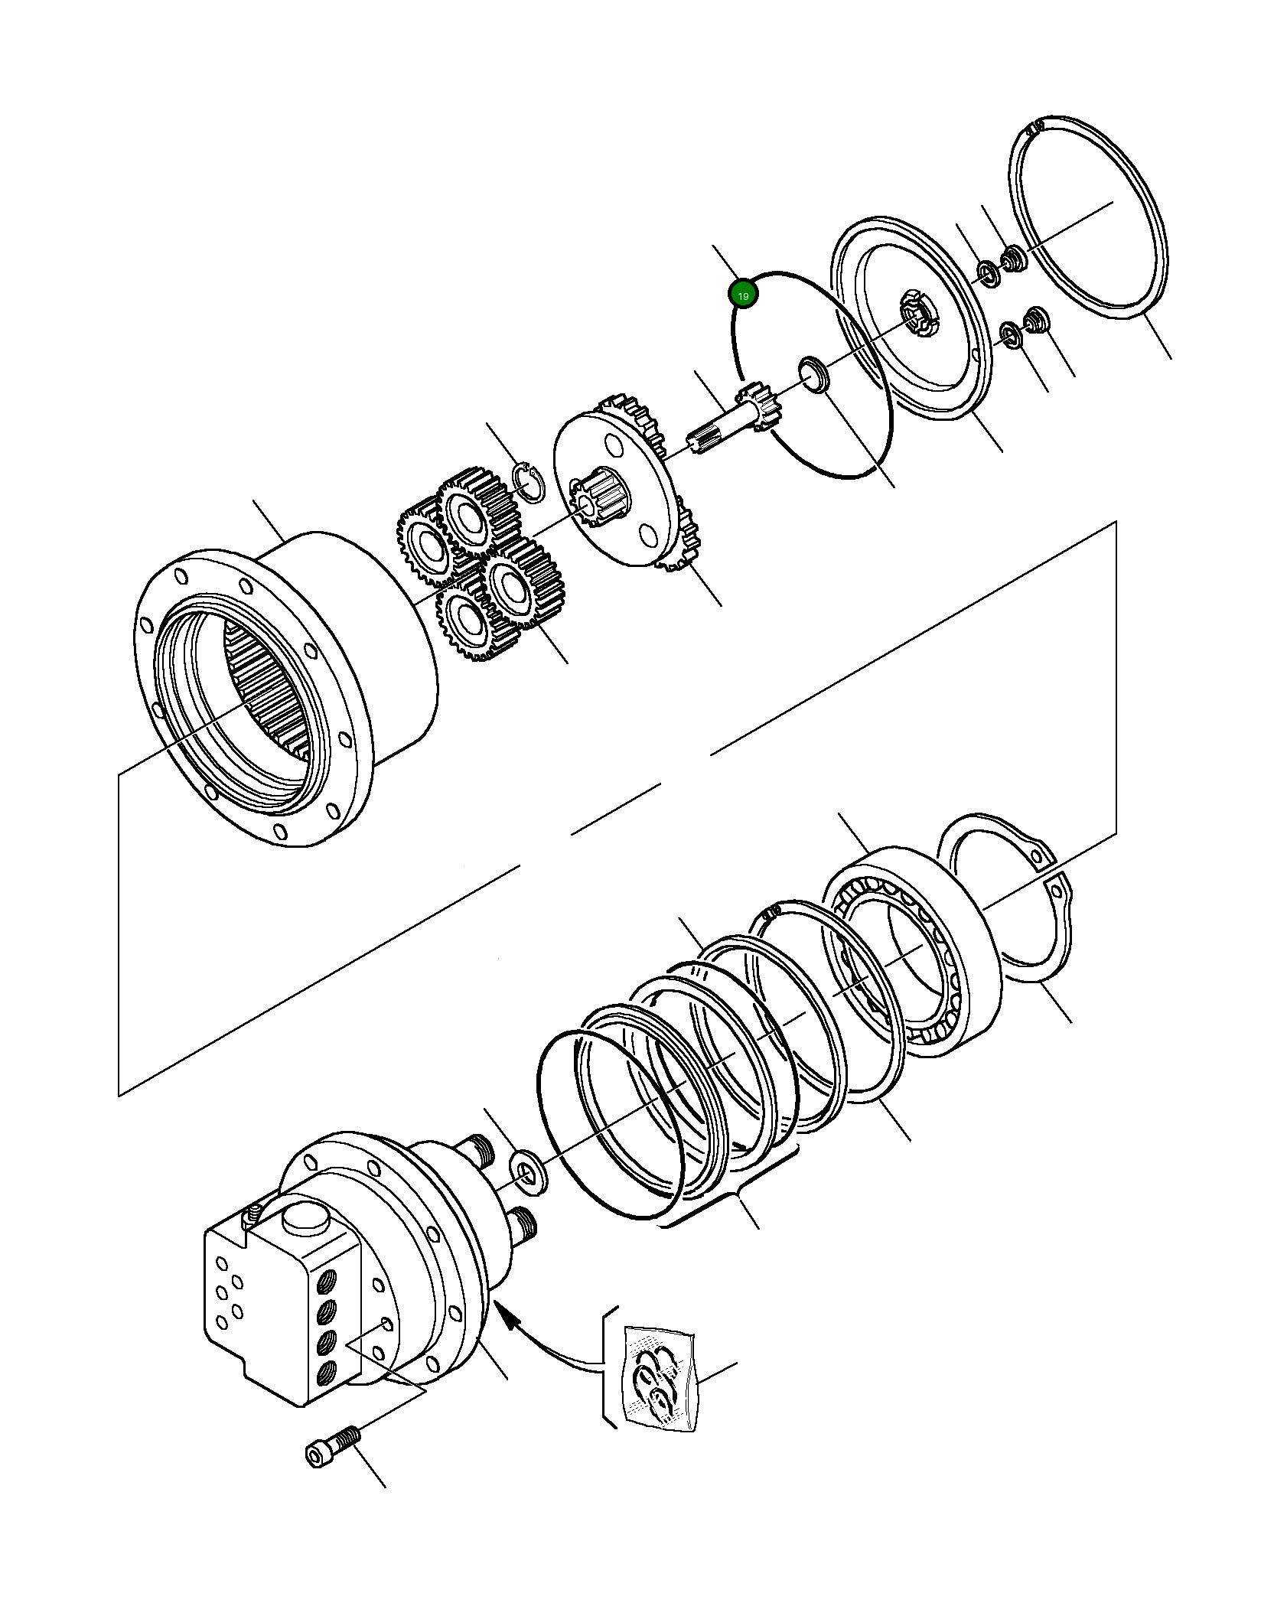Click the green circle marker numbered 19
pyautogui.click(x=743, y=295)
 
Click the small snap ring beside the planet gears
pyautogui.click(x=529, y=482)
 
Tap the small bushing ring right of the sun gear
pyautogui.click(x=813, y=373)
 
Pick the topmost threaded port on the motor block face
pyautogui.click(x=327, y=1278)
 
